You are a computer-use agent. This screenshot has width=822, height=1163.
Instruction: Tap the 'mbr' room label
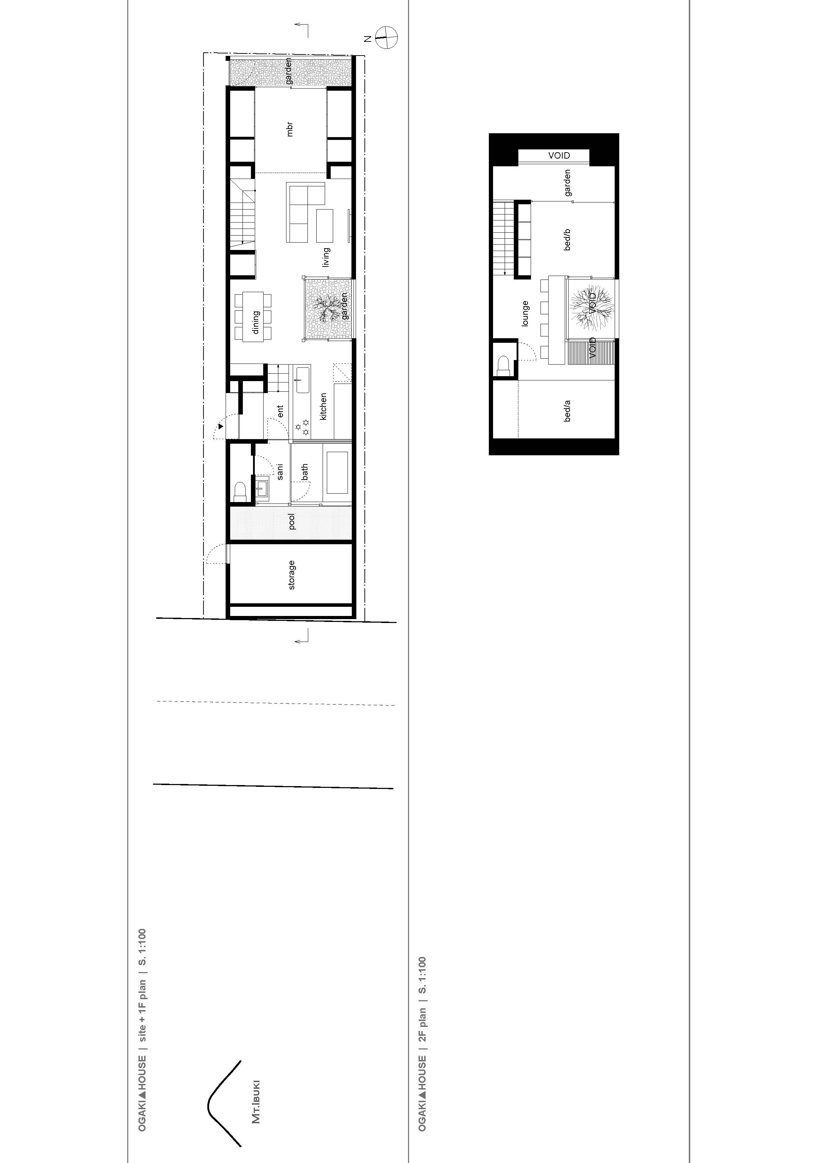pos(290,129)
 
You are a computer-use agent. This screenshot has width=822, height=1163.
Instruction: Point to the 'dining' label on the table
pos(256,322)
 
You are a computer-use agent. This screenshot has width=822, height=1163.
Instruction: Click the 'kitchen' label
pos(323,406)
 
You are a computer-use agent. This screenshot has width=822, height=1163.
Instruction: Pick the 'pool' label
pos(291,522)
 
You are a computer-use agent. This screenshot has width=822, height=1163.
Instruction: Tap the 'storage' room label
pos(291,575)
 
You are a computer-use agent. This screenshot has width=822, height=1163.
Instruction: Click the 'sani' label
pos(280,471)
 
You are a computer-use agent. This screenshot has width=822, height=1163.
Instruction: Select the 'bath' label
pos(304,472)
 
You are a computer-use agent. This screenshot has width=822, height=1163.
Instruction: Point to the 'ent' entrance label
pos(280,411)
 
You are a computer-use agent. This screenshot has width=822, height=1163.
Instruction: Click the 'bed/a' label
pos(567,410)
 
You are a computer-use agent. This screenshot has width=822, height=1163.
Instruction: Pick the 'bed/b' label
pos(567,239)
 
